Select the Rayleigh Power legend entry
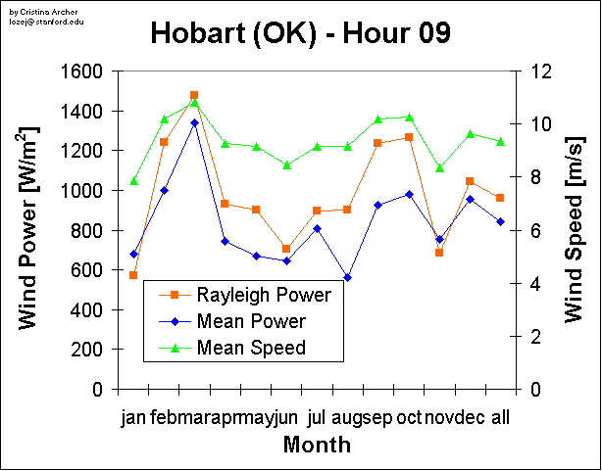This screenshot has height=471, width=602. point(263,294)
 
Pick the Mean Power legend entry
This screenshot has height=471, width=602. point(251,320)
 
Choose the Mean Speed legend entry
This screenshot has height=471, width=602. point(251,347)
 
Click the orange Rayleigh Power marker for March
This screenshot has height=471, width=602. point(194,95)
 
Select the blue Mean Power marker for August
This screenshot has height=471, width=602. point(347,277)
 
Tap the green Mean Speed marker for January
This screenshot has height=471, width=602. point(133,181)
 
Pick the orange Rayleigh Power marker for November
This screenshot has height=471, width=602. point(439,253)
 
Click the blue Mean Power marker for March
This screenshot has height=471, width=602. point(194,123)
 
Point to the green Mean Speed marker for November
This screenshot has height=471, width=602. point(439,168)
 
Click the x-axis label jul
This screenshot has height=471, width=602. point(317,418)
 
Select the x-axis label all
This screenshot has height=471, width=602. point(500,418)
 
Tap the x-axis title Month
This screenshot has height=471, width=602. point(317,446)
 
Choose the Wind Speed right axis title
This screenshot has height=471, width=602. point(577,230)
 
